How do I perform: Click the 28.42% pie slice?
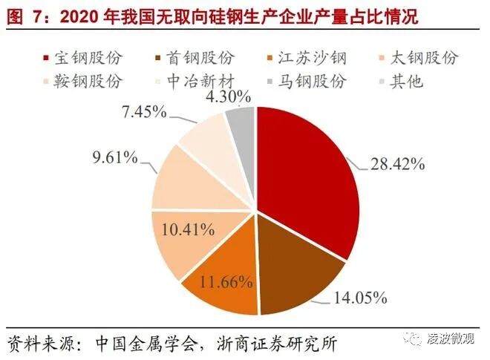click(312, 178)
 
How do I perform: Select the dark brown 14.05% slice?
click(293, 278)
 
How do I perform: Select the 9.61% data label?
click(115, 156)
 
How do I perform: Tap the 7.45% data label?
click(144, 114)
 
